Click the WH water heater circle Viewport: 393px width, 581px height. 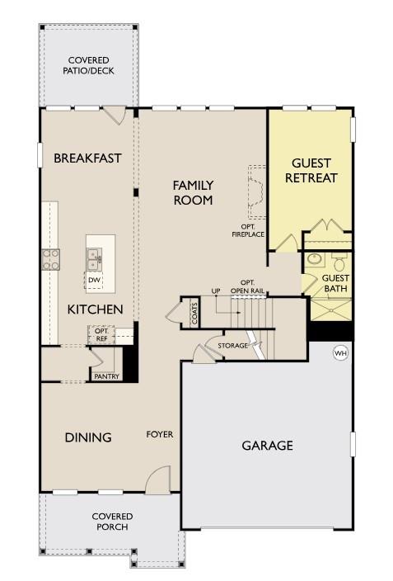click(x=339, y=353)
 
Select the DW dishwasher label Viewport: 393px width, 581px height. click(x=95, y=280)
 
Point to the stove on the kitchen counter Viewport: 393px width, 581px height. click(x=51, y=260)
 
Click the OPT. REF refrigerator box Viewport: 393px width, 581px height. click(x=101, y=334)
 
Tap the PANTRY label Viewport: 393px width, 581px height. click(x=106, y=376)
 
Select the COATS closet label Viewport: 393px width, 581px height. click(x=195, y=314)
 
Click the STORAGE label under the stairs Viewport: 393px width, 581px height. click(x=232, y=345)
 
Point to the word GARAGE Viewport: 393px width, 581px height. click(x=267, y=446)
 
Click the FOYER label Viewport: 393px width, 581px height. click(x=160, y=434)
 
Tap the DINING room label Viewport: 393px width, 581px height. click(x=88, y=437)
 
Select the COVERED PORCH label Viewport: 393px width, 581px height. click(x=113, y=522)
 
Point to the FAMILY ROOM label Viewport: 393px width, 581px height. click(x=193, y=192)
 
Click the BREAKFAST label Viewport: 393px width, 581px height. click(x=87, y=158)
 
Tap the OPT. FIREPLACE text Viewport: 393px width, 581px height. click(x=247, y=230)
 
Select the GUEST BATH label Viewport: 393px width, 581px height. click(x=335, y=283)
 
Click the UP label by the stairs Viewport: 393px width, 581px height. click(x=216, y=291)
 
